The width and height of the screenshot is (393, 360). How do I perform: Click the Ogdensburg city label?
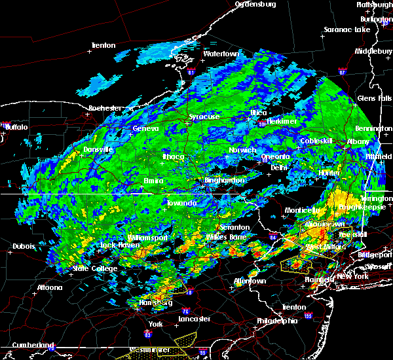click(255, 4)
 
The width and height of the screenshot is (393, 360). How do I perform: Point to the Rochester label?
click(105, 107)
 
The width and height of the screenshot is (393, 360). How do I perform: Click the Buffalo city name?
click(16, 127)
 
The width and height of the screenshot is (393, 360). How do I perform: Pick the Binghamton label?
click(225, 180)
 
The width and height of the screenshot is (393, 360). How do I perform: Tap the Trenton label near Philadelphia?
click(292, 307)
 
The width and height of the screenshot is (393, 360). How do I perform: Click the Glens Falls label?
click(374, 98)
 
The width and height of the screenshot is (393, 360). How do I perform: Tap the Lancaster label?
click(195, 319)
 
